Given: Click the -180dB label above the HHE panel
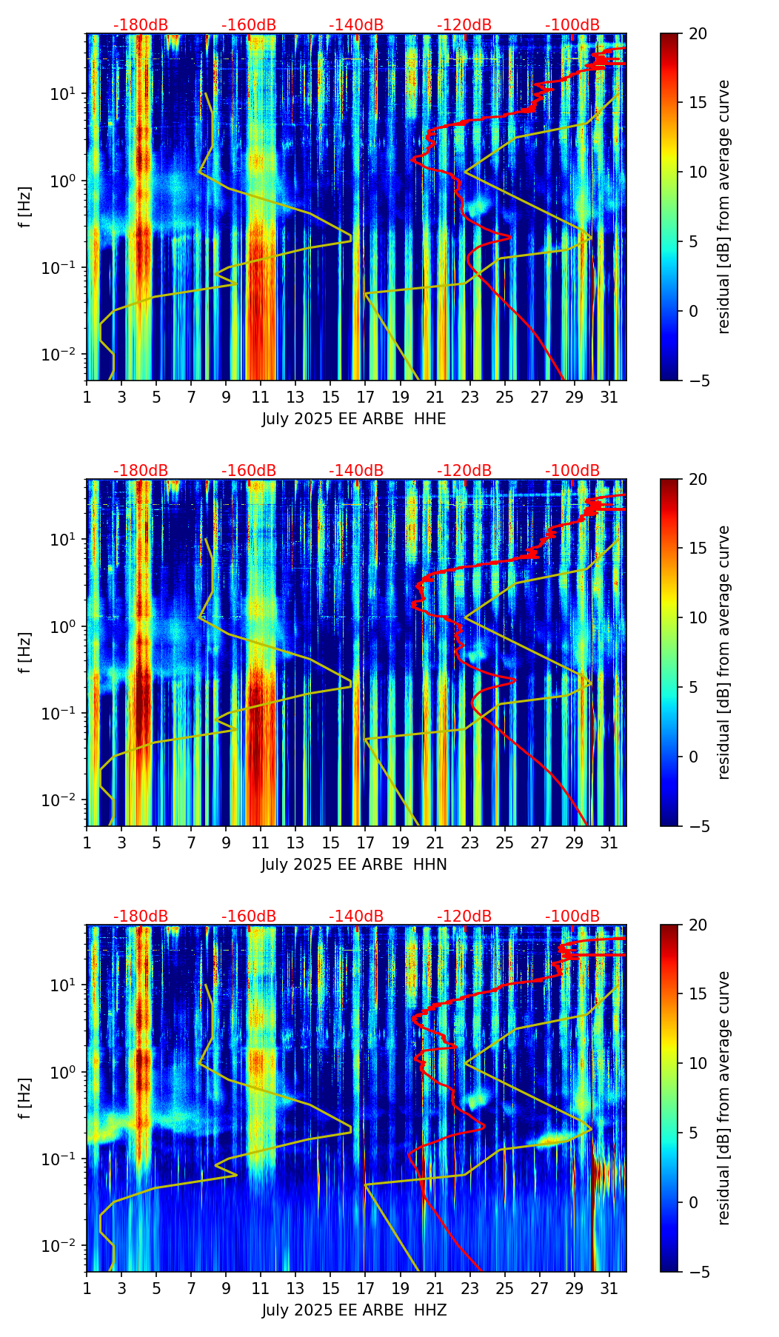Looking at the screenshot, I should coord(141,25).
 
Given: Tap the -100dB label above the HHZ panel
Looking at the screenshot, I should coord(572,917).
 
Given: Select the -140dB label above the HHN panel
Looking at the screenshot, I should coord(356,471).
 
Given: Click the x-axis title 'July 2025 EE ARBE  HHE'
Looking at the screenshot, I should coord(353,419).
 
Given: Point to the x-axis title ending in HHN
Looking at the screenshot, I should coord(353,865).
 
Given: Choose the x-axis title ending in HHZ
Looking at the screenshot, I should coord(353,1310).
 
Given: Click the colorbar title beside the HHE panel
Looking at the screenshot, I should coord(723,207).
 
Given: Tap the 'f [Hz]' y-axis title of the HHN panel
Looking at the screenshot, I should coord(25,652).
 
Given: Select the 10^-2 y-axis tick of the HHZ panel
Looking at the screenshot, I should coord(65,1246).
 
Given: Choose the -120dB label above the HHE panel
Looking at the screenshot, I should coord(464,25).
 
